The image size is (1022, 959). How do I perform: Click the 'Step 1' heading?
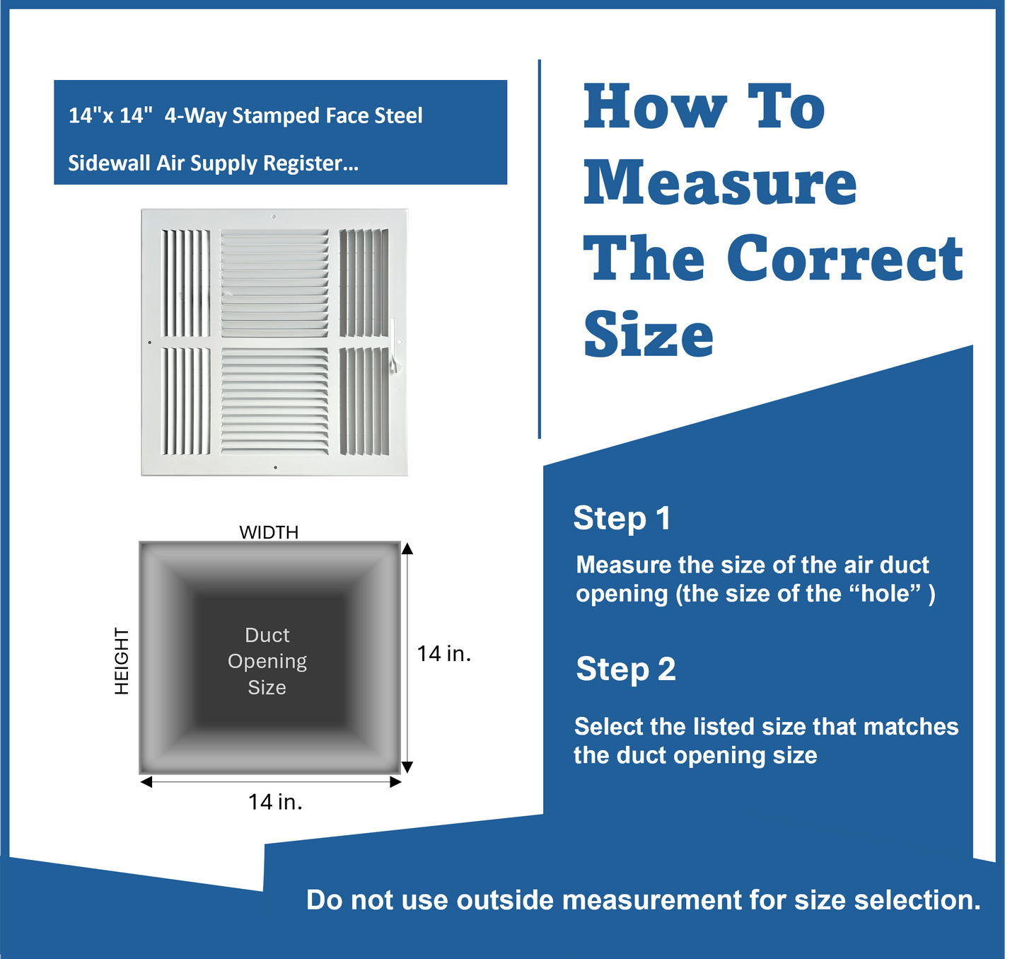(622, 518)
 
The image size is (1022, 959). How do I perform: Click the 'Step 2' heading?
(626, 670)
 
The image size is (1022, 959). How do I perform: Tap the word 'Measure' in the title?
(720, 183)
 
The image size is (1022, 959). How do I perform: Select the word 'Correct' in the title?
(844, 258)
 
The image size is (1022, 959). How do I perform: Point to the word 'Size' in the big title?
(649, 334)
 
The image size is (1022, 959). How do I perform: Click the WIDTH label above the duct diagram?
(269, 532)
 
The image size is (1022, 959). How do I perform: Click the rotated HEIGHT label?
(122, 661)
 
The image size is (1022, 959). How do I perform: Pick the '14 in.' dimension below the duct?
(275, 802)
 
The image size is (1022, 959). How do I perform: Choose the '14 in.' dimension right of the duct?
(443, 653)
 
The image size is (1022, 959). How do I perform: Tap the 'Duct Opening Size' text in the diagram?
(267, 661)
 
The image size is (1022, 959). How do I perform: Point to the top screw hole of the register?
(274, 217)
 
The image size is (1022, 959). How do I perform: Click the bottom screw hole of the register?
(275, 468)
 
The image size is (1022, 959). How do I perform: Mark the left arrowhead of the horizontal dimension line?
(146, 782)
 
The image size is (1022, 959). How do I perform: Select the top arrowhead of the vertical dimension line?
(407, 549)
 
